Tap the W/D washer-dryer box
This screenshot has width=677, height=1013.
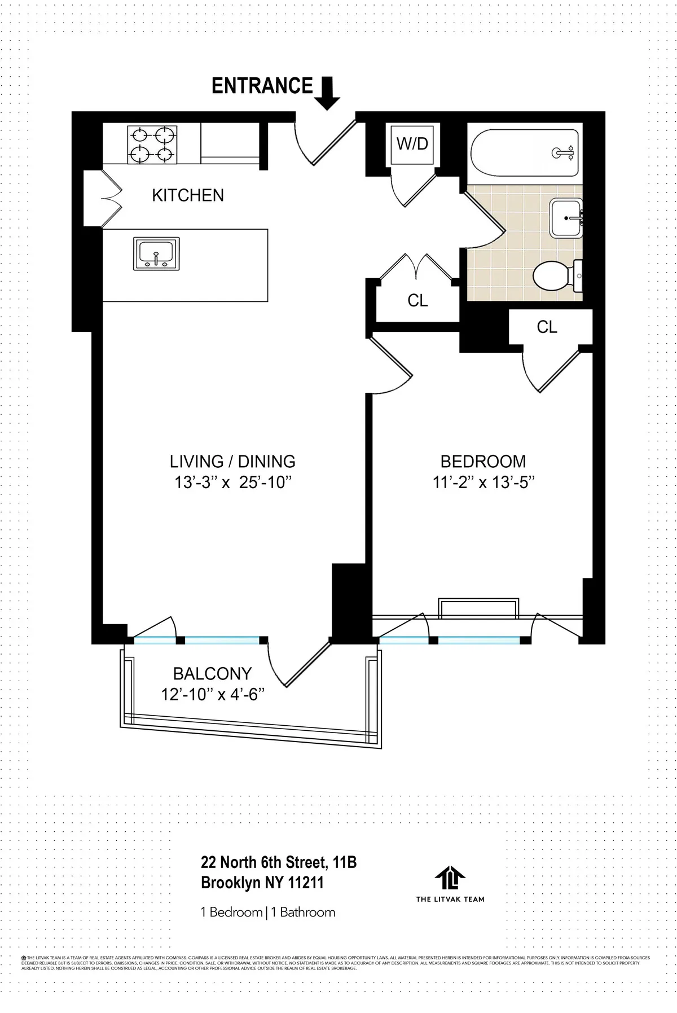(x=412, y=144)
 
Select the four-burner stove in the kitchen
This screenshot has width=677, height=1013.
(x=151, y=144)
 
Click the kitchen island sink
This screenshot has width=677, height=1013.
(x=156, y=253)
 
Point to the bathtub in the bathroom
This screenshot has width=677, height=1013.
(x=524, y=152)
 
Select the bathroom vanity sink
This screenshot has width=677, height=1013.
(x=566, y=218)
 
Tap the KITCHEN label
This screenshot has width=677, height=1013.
(x=188, y=195)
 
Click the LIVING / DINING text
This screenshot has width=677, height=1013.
(x=232, y=461)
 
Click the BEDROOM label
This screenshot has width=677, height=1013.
(x=483, y=461)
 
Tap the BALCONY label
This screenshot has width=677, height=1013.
(x=212, y=674)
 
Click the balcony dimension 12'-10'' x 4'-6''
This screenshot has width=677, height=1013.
(x=213, y=695)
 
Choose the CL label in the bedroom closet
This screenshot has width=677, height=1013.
(x=547, y=327)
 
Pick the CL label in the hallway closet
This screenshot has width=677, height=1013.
(x=417, y=301)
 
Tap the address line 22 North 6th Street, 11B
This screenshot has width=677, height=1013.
(x=279, y=862)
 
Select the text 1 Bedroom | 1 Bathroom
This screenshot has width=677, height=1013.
(x=268, y=912)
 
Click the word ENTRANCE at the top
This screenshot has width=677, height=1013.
(x=262, y=86)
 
